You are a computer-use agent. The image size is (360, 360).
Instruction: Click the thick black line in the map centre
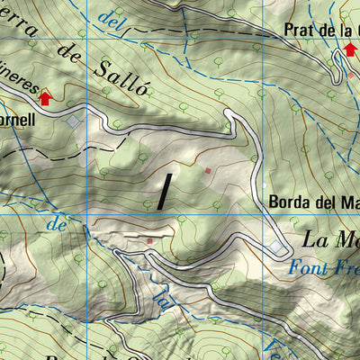pyautogui.click(x=165, y=192)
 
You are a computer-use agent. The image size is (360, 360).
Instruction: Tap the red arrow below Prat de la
pyautogui.click(x=350, y=49)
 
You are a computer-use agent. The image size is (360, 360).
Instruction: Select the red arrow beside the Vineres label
pyautogui.click(x=45, y=97)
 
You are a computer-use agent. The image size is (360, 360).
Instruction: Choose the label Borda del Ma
pyautogui.click(x=314, y=202)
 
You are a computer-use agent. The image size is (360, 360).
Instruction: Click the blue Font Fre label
pyautogui.click(x=324, y=266)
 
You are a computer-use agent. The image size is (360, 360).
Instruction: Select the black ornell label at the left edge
pyautogui.click(x=18, y=118)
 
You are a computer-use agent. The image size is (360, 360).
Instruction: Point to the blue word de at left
pyautogui.click(x=59, y=225)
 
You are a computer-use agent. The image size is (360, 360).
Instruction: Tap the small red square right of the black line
pyautogui.click(x=208, y=170)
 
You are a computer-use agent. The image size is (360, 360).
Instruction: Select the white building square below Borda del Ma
pyautogui.click(x=275, y=246)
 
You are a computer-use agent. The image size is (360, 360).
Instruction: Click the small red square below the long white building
pyautogui.click(x=150, y=241)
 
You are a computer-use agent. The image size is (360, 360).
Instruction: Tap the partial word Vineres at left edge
pyautogui.click(x=18, y=86)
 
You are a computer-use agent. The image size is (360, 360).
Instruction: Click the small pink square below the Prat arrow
pyautogui.click(x=351, y=76)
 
